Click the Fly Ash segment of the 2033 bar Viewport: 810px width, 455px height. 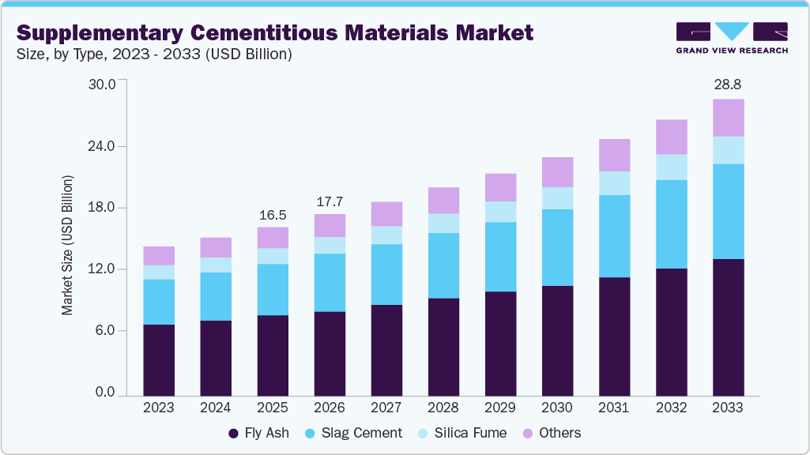pos(728,327)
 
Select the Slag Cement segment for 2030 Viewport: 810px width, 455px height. pos(557,247)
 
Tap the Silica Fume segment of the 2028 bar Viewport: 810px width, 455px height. pos(443,223)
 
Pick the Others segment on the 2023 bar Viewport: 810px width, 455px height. pos(159,255)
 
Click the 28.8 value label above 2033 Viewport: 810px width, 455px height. pos(728,85)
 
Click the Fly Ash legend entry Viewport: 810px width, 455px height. pos(258,433)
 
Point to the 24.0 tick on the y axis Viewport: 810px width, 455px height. pos(100,147)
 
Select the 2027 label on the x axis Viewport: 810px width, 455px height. pos(386,408)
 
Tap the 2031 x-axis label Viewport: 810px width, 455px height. pos(614,408)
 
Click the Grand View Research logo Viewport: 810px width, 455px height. pos(732,38)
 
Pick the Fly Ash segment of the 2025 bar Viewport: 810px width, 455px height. pos(273,355)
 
